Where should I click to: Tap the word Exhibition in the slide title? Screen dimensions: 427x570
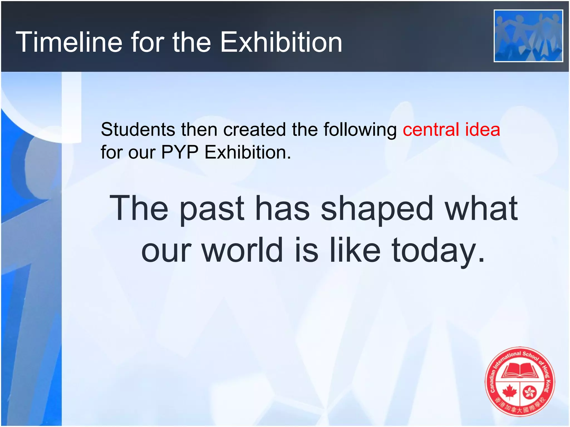(281, 42)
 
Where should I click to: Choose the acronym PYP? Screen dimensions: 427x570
(180, 152)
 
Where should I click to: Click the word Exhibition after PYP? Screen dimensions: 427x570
(248, 152)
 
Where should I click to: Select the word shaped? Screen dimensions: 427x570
(377, 209)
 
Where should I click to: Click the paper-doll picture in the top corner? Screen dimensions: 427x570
(528, 36)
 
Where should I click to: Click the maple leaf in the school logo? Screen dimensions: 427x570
(510, 392)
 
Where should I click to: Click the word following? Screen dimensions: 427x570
(360, 130)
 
